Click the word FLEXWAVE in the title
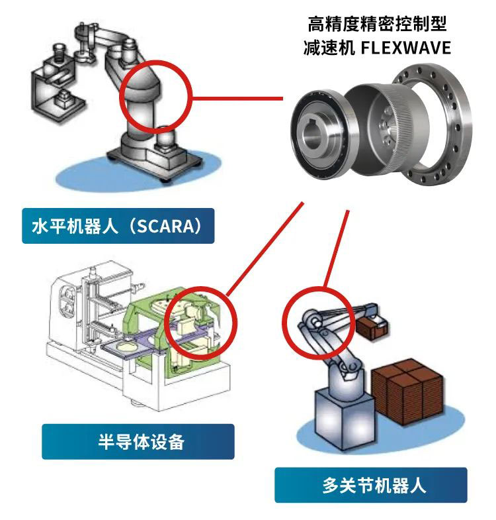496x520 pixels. click(x=405, y=48)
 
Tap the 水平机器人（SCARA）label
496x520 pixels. click(x=118, y=226)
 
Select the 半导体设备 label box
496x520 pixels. click(x=138, y=441)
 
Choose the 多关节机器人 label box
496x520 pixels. click(x=371, y=485)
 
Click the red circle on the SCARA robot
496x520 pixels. click(x=120, y=96)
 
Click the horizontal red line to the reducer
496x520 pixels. click(x=237, y=99)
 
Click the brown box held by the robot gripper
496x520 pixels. click(x=372, y=327)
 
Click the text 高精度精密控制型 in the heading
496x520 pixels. click(x=377, y=25)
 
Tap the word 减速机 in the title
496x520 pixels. click(x=329, y=48)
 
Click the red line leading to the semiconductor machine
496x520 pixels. click(x=265, y=248)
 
